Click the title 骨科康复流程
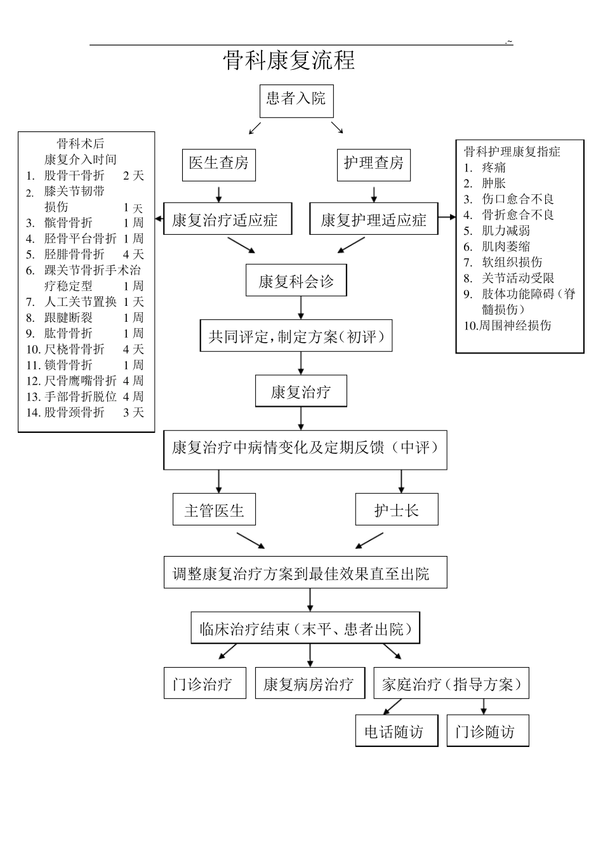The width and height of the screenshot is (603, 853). (289, 60)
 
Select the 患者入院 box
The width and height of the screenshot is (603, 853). (296, 100)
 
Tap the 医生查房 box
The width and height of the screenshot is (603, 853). (218, 164)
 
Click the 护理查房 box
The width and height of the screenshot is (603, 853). (373, 164)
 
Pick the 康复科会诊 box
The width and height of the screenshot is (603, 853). (296, 281)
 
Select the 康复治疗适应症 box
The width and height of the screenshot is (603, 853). (228, 220)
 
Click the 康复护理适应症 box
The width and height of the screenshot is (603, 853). (373, 220)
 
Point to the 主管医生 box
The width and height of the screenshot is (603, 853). (214, 510)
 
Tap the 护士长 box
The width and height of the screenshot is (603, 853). (397, 510)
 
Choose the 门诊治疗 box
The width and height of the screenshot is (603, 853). (204, 684)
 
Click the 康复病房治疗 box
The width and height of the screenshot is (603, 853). (310, 684)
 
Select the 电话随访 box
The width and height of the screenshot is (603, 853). (397, 731)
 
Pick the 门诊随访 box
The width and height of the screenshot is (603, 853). (487, 731)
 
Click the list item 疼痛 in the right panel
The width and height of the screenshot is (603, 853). (494, 168)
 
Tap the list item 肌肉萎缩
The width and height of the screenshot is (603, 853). (505, 246)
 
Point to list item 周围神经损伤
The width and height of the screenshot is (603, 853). (514, 326)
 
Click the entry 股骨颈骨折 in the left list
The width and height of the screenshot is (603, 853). (74, 413)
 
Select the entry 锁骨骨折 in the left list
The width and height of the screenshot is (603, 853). (68, 365)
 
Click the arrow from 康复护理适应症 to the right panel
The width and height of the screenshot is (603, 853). (447, 218)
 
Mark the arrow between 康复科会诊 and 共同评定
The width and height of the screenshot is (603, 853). (301, 308)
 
